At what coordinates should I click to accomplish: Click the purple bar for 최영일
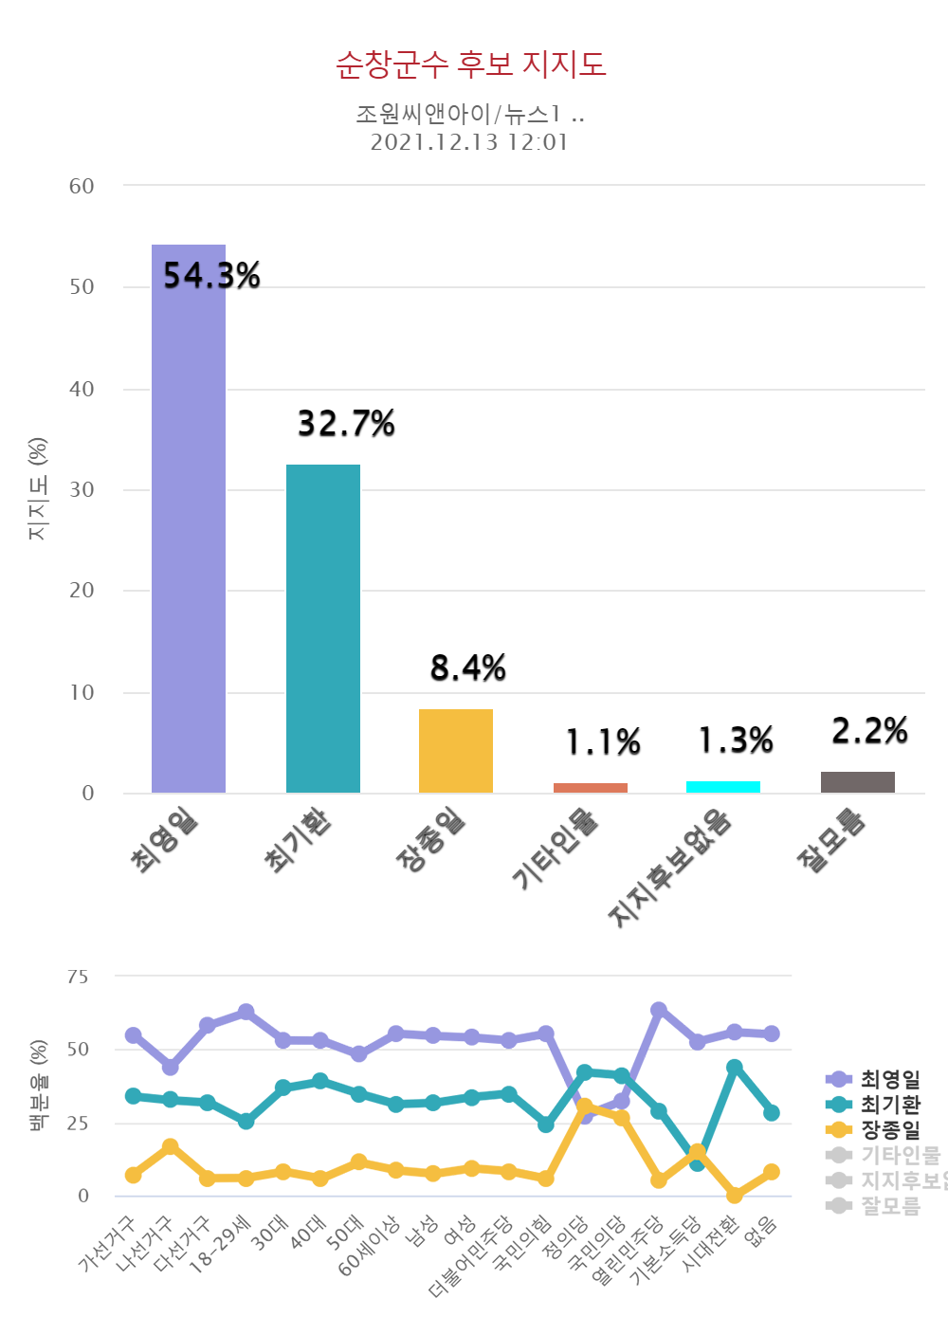(x=189, y=519)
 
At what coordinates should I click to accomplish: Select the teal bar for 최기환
(x=323, y=629)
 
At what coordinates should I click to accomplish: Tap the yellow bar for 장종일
(x=456, y=751)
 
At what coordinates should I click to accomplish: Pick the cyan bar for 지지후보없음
(x=723, y=787)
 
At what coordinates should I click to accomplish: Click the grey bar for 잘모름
(x=858, y=782)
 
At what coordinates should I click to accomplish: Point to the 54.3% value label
(x=211, y=276)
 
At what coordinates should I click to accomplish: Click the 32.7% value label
(x=346, y=424)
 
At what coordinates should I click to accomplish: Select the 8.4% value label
(x=468, y=668)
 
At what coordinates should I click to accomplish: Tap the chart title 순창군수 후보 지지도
(x=471, y=64)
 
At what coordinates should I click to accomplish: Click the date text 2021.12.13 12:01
(x=469, y=143)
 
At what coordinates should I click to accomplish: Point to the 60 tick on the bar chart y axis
(x=82, y=187)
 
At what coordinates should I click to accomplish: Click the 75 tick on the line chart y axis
(x=78, y=977)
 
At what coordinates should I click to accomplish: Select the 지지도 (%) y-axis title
(x=38, y=489)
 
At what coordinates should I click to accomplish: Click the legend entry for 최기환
(x=889, y=1105)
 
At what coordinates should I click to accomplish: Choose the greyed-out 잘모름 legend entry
(x=889, y=1206)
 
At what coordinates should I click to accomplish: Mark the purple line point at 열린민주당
(x=659, y=1010)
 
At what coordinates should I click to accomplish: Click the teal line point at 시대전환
(x=735, y=1068)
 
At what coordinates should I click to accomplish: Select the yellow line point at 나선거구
(x=171, y=1147)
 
